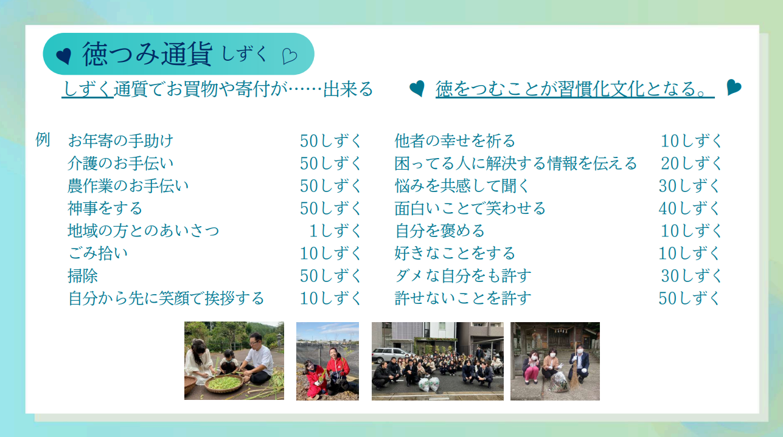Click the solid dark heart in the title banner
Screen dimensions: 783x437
pyautogui.click(x=64, y=56)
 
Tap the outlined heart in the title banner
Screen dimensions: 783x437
pyautogui.click(x=290, y=56)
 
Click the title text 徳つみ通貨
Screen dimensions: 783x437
pyautogui.click(x=147, y=54)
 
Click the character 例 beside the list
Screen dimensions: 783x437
pyautogui.click(x=43, y=140)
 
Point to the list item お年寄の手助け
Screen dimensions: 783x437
pyautogui.click(x=120, y=141)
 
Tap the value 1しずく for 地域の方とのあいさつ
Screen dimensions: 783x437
pyautogui.click(x=335, y=231)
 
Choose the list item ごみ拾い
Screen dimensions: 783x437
pyautogui.click(x=98, y=253)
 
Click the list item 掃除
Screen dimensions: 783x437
pyautogui.click(x=83, y=276)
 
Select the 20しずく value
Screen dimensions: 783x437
pyautogui.click(x=691, y=163)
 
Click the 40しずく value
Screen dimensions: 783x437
pyautogui.click(x=689, y=208)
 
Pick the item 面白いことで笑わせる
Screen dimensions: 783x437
pyautogui.click(x=470, y=208)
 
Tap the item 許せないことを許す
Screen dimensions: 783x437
pyautogui.click(x=463, y=298)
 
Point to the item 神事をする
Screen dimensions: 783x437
pyautogui.click(x=105, y=208)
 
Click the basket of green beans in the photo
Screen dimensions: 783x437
pyautogui.click(x=224, y=384)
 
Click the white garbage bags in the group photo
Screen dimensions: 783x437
pyautogui.click(x=429, y=384)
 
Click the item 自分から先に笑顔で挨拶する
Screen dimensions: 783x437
pyautogui.click(x=166, y=298)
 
